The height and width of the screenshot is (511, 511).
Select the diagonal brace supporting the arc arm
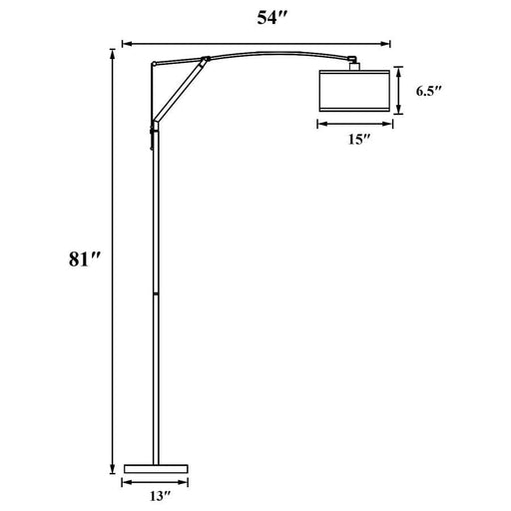(x=178, y=94)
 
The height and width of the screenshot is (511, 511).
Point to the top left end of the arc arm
(x=153, y=64)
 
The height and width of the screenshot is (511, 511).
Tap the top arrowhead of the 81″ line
(x=109, y=51)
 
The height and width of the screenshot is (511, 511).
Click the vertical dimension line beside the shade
(x=398, y=90)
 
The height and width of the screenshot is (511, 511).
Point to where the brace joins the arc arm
(x=204, y=59)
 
